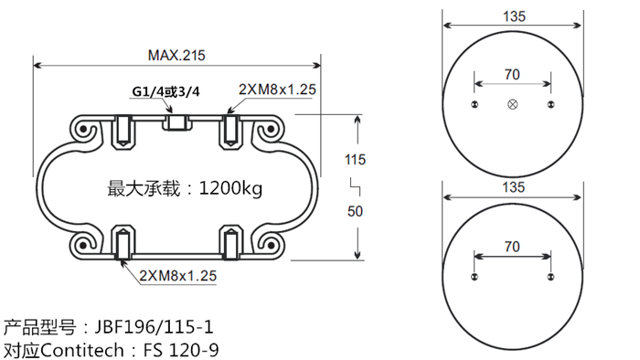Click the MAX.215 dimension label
176,55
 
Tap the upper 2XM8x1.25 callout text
277,90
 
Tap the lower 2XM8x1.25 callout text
177,275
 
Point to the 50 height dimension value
356,211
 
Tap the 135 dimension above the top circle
513,16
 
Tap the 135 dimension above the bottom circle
513,187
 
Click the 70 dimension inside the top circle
512,74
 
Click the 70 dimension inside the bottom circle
512,246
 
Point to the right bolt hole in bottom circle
550,277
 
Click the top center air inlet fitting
176,122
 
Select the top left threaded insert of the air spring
121,132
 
